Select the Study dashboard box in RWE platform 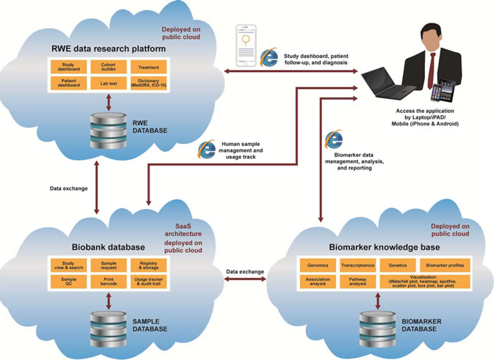click(x=68, y=67)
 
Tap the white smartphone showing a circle click(x=246, y=48)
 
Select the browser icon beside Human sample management click(x=207, y=149)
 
